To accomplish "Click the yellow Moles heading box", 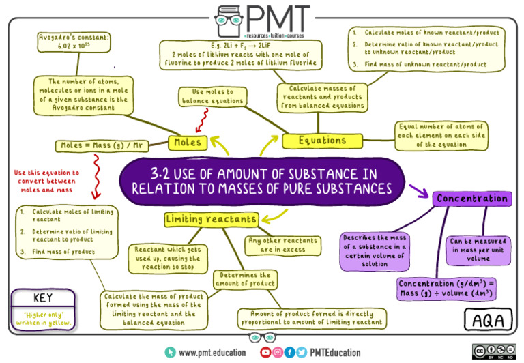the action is tap(188, 143).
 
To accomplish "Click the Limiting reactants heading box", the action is tap(212, 219).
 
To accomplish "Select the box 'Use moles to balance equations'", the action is tap(212, 96).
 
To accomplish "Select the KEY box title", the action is tap(42, 298).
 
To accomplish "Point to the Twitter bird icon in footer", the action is tap(301, 352).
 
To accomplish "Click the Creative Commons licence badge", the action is tap(493, 351).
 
